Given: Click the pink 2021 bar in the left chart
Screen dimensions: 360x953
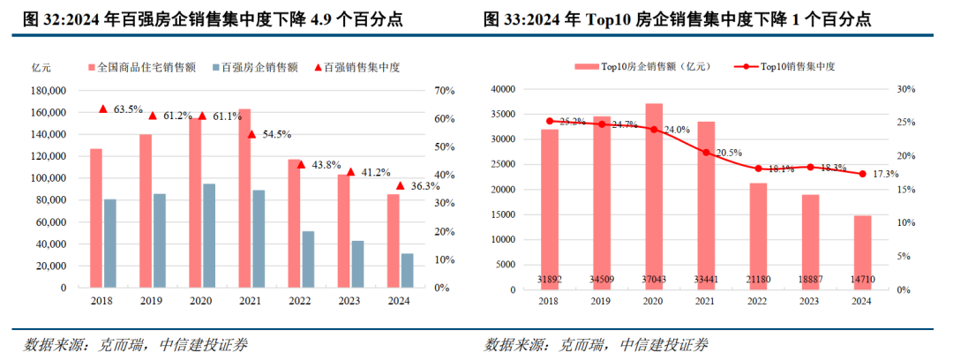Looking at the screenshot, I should coord(244,198).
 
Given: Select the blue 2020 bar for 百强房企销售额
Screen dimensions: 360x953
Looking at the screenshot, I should coord(208,235).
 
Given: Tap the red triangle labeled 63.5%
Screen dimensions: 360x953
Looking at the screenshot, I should coord(102,109).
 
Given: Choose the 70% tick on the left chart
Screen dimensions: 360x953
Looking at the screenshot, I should coord(444,91).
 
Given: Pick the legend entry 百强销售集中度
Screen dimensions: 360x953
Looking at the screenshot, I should coord(362,67).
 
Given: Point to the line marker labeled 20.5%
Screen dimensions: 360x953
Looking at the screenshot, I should coord(706,153).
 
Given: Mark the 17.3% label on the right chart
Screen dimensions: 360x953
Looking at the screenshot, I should coord(885,175).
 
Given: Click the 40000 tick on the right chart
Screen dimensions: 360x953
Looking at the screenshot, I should coord(502,89).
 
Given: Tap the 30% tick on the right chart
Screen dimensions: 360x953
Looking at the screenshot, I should coord(906,89).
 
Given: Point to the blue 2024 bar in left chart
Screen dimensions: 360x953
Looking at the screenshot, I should coord(407,270).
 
